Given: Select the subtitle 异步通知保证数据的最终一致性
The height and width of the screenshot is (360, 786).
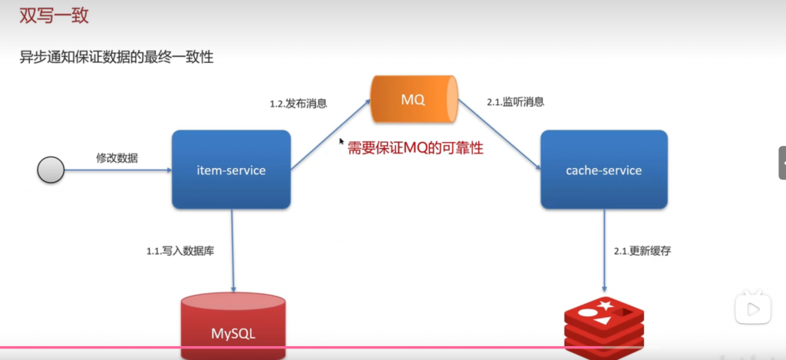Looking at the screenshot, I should (x=116, y=58).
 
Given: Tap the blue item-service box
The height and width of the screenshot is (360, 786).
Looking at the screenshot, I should (x=231, y=170).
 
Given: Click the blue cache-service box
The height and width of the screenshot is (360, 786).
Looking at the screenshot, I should (x=603, y=170).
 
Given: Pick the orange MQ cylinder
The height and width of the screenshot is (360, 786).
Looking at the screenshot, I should (x=413, y=100).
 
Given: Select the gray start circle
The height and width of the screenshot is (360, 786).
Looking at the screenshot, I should (x=51, y=170).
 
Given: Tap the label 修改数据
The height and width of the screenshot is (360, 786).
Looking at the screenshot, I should (x=117, y=157).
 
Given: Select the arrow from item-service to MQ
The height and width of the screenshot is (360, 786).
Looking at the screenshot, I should (x=330, y=135).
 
